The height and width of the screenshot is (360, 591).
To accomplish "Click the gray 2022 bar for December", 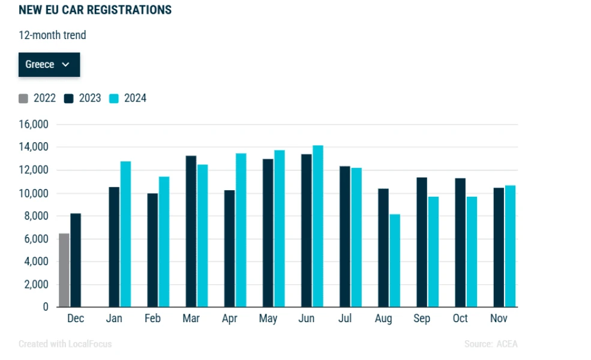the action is pos(64,270).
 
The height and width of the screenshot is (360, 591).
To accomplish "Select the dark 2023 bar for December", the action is pos(76,260).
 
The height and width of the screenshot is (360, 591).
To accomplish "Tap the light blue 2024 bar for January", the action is pos(125,234).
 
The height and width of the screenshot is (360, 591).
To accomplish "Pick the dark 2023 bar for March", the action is pos(191,231).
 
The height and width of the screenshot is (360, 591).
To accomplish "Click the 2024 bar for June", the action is pos(318,226).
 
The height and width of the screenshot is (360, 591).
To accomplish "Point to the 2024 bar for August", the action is pos(395,260).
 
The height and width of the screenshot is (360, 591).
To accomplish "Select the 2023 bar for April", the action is pos(230,248).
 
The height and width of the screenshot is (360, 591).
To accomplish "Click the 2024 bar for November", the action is pos(511,246).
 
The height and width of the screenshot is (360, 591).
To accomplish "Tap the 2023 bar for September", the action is pos(422,242).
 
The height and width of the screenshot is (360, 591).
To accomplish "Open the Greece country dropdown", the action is pos(49,64).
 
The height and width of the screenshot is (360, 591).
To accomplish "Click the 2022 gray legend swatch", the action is pos(23,99).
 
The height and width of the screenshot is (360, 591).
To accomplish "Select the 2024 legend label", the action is pos(136,98).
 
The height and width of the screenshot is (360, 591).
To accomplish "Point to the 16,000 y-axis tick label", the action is pos(34,124).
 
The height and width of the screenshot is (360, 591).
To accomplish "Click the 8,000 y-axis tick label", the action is pos(36,216).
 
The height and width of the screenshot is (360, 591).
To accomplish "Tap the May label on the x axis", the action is pos(268,319).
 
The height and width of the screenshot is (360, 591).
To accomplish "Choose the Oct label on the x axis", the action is pos(460,318).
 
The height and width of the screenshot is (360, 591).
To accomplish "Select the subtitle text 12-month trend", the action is pos(52,35).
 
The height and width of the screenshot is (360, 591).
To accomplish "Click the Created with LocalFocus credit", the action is pos(65,344).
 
